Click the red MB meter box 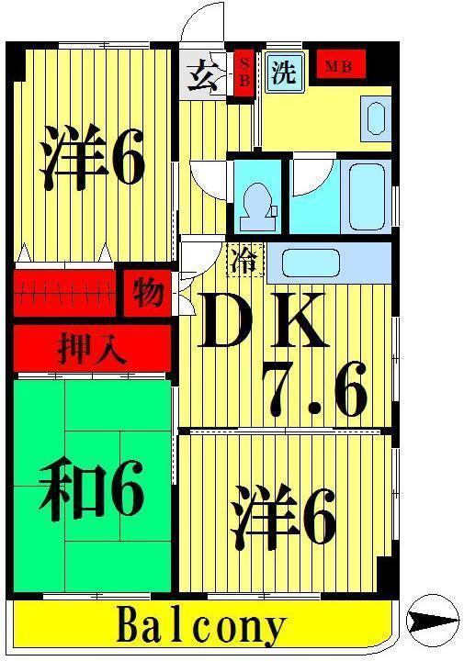(341, 63)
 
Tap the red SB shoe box (244, 73)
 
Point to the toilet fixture (256, 207)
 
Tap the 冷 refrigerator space (245, 260)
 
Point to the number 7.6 (314, 389)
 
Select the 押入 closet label (93, 348)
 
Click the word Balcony (201, 625)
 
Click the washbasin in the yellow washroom (376, 118)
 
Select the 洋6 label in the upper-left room (93, 156)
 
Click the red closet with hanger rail (64, 293)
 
